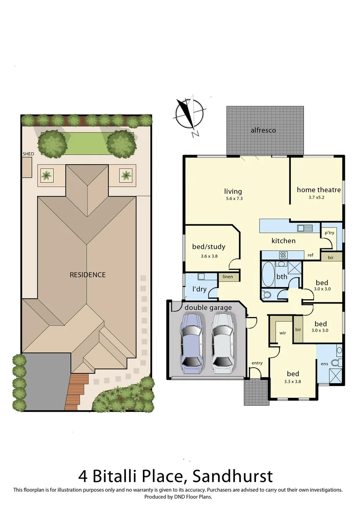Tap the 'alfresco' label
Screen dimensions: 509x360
[x=263, y=130]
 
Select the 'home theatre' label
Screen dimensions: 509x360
[x=319, y=190]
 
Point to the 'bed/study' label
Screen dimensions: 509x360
[x=208, y=246]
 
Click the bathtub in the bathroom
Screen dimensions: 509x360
[x=267, y=275]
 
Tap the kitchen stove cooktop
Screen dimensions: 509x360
[x=284, y=255]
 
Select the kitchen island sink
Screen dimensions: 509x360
[x=304, y=229]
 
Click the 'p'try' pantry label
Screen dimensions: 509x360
[x=328, y=233]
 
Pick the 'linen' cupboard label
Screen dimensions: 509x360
[x=228, y=277]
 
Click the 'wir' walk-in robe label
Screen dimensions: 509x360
[x=283, y=333]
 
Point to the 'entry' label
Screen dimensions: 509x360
[x=257, y=363]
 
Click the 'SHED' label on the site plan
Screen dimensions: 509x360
[x=28, y=154]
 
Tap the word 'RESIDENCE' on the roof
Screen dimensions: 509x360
[x=88, y=275]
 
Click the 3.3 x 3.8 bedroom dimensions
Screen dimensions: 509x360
[x=292, y=382]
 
